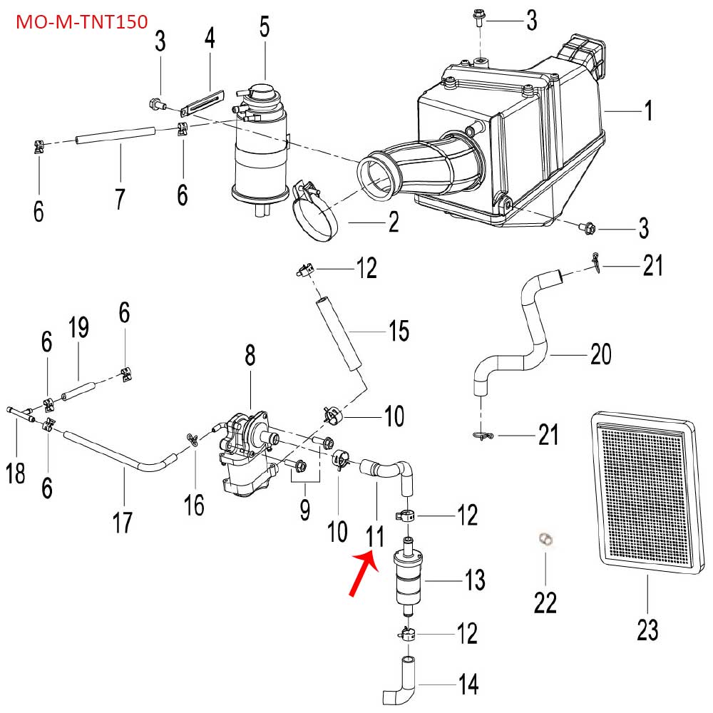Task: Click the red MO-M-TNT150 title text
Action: point(81,21)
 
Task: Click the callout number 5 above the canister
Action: point(265,28)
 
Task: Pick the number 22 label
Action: point(545,602)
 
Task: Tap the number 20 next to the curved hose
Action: point(601,354)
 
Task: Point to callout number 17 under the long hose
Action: point(123,523)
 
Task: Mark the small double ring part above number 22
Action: point(546,540)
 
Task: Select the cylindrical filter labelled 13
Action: point(411,580)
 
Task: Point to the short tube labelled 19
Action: point(78,391)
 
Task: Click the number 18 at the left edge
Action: point(16,472)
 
